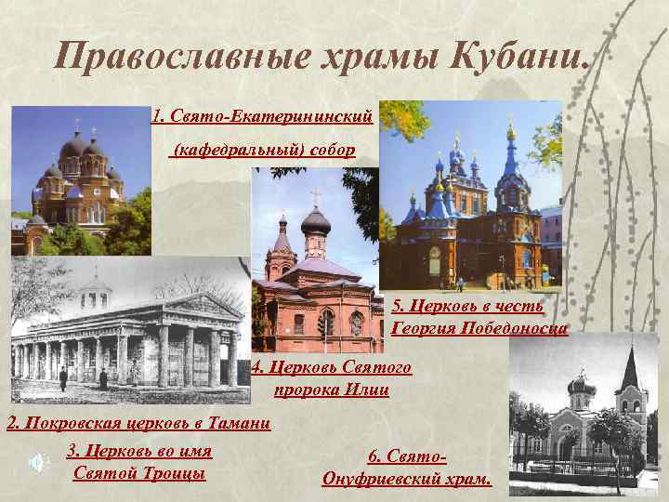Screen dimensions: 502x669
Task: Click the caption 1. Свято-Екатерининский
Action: click(262, 117)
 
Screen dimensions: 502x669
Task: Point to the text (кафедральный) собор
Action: click(264, 150)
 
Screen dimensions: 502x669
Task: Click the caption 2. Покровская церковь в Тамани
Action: click(138, 424)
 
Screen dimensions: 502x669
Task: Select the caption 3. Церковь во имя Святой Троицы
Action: click(139, 462)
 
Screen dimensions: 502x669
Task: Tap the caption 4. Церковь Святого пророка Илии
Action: click(331, 378)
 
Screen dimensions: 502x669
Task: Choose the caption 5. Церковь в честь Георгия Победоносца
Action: click(479, 316)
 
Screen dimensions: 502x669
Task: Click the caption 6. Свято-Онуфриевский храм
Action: click(407, 468)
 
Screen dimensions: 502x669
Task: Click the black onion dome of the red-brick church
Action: click(315, 219)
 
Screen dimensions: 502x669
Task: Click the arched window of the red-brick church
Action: click(325, 322)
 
